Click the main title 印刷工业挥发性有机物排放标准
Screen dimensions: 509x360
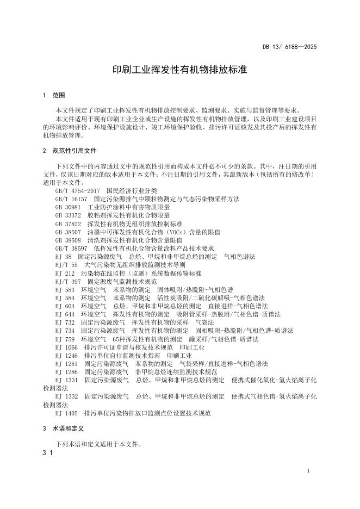pyautogui.click(x=179, y=71)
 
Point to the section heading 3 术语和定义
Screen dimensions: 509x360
pyautogui.click(x=61, y=429)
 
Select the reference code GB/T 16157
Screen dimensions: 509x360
pyautogui.click(x=71, y=199)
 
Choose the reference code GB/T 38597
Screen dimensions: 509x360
pyautogui.click(x=71, y=248)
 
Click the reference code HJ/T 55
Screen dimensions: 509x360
pyautogui.click(x=66, y=264)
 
